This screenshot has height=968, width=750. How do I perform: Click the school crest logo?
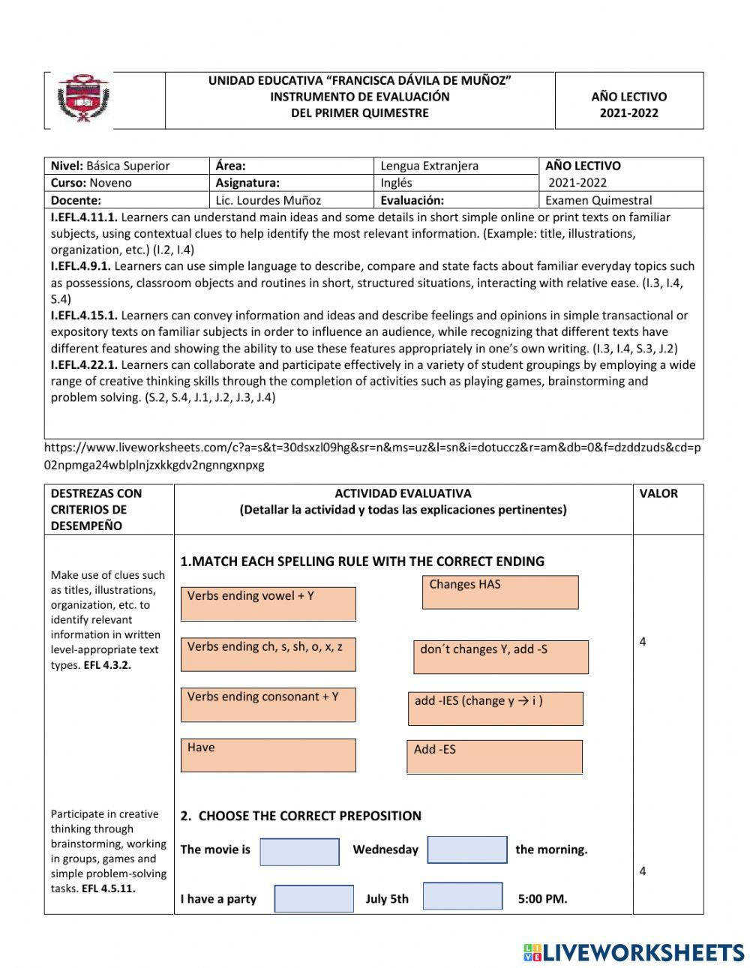pyautogui.click(x=84, y=100)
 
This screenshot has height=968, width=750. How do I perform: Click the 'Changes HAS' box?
pyautogui.click(x=500, y=592)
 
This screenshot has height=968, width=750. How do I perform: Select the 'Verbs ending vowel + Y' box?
pyautogui.click(x=268, y=604)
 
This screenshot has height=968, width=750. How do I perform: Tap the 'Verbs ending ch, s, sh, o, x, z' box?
pyautogui.click(x=268, y=654)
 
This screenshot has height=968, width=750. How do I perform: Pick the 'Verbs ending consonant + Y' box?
pyautogui.click(x=268, y=705)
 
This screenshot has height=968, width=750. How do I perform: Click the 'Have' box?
pyautogui.click(x=268, y=755)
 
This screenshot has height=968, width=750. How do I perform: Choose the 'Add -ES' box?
pyautogui.click(x=494, y=757)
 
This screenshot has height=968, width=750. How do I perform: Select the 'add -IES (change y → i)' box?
pyautogui.click(x=495, y=708)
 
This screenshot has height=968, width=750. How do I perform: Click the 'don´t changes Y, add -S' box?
pyautogui.click(x=501, y=657)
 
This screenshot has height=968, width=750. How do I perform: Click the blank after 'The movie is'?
pyautogui.click(x=299, y=851)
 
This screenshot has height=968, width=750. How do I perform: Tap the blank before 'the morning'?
pyautogui.click(x=466, y=850)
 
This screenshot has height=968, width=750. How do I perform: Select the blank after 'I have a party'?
pyautogui.click(x=313, y=898)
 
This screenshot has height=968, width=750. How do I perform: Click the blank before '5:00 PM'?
pyautogui.click(x=462, y=896)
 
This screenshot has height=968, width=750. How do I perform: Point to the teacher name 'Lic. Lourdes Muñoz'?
pyautogui.click(x=269, y=200)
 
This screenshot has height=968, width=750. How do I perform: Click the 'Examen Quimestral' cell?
pyautogui.click(x=598, y=200)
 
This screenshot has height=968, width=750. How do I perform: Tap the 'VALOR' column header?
pyautogui.click(x=658, y=493)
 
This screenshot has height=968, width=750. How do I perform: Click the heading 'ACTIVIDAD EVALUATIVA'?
pyautogui.click(x=403, y=493)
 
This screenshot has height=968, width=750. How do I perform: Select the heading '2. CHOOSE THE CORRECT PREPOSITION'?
pyautogui.click(x=300, y=816)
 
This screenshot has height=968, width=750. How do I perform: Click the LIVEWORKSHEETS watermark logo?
pyautogui.click(x=634, y=952)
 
